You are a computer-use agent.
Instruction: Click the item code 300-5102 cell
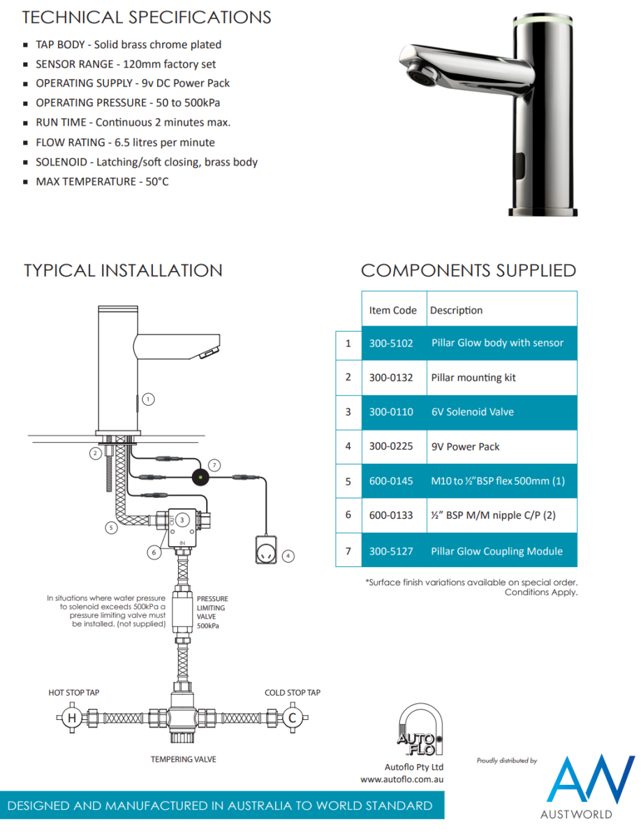click(x=391, y=343)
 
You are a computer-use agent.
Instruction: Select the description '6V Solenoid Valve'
click(x=472, y=412)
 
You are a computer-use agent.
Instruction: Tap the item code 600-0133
click(x=391, y=516)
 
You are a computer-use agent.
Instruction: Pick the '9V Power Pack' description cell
click(x=465, y=447)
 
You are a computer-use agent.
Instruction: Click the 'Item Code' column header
click(x=392, y=310)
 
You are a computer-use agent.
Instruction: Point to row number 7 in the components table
click(x=348, y=551)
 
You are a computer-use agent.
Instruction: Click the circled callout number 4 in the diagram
click(x=288, y=556)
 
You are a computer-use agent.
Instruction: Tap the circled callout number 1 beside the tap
click(x=148, y=399)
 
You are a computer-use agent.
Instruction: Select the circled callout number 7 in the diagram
click(x=214, y=464)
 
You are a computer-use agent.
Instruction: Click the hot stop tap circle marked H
click(x=71, y=718)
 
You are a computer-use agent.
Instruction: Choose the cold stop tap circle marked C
click(x=293, y=718)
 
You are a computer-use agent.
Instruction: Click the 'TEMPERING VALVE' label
click(x=184, y=759)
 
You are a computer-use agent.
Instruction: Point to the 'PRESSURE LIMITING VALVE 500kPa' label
click(x=212, y=612)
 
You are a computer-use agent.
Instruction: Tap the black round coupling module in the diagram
click(x=202, y=478)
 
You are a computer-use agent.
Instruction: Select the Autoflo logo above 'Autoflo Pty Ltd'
click(x=418, y=730)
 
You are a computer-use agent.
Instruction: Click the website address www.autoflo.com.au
click(x=403, y=779)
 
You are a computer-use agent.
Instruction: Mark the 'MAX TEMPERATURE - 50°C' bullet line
click(x=102, y=182)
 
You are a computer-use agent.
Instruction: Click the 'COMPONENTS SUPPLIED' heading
click(x=468, y=271)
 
